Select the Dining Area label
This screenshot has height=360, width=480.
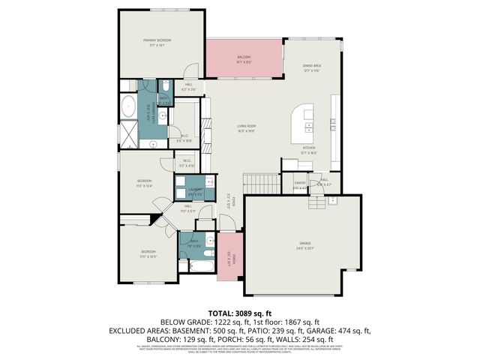(311, 67)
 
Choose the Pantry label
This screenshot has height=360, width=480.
(299, 182)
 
